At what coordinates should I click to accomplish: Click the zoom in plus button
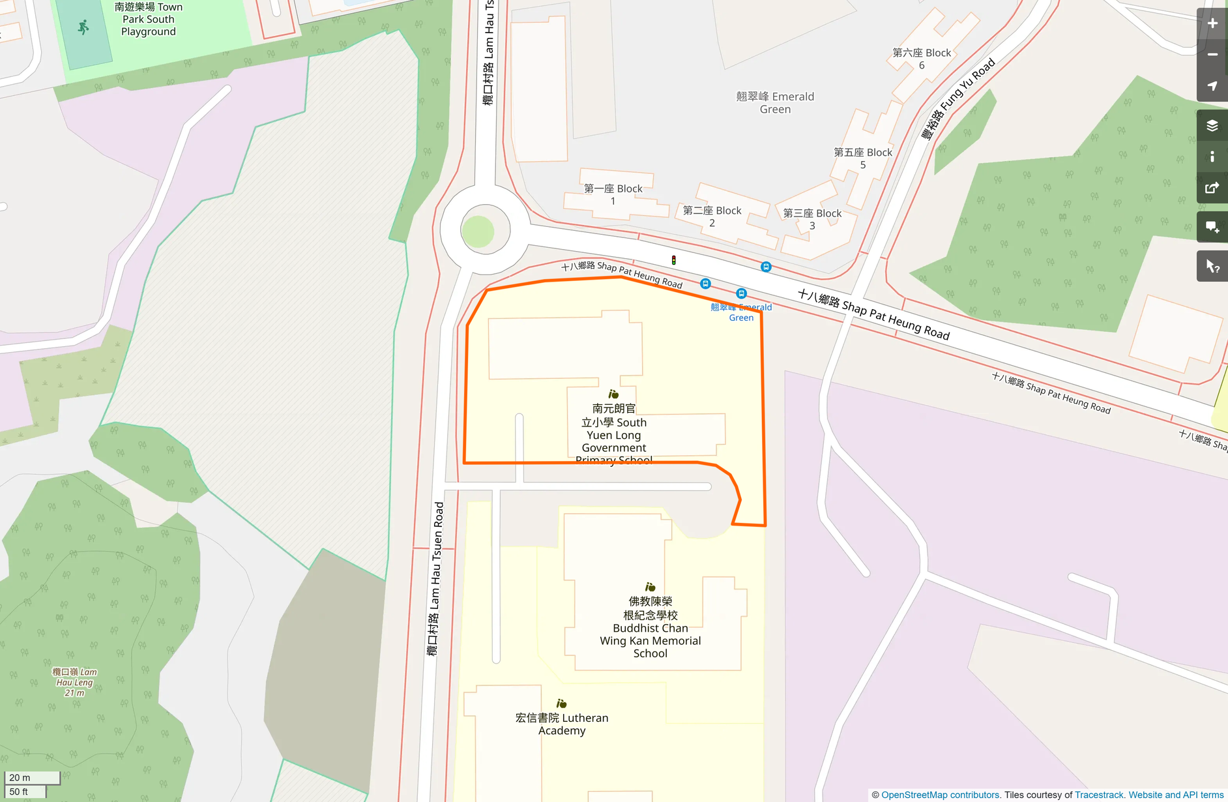(1212, 23)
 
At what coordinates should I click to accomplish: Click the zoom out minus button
(1212, 55)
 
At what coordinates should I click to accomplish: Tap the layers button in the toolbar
(1212, 125)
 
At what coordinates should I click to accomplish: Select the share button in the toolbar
(1212, 188)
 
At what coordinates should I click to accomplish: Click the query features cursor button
(1212, 266)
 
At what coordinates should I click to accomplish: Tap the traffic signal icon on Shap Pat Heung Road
(674, 260)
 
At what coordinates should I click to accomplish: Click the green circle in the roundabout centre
(478, 231)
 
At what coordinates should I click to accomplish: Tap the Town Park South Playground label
(148, 20)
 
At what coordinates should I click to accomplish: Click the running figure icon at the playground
(83, 27)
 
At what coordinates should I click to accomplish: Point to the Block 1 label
(613, 194)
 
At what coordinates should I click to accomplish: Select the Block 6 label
(922, 59)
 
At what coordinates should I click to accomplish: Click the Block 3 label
(812, 219)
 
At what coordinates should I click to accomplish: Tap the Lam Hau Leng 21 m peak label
(74, 682)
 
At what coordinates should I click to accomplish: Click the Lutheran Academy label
(562, 724)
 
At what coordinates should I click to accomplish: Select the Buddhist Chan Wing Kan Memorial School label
(651, 627)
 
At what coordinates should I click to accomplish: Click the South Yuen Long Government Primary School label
(614, 434)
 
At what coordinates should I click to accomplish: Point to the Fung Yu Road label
(958, 99)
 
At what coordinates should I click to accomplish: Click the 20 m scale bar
(32, 777)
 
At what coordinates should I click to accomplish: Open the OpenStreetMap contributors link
(940, 795)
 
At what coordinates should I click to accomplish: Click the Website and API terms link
(1176, 795)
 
